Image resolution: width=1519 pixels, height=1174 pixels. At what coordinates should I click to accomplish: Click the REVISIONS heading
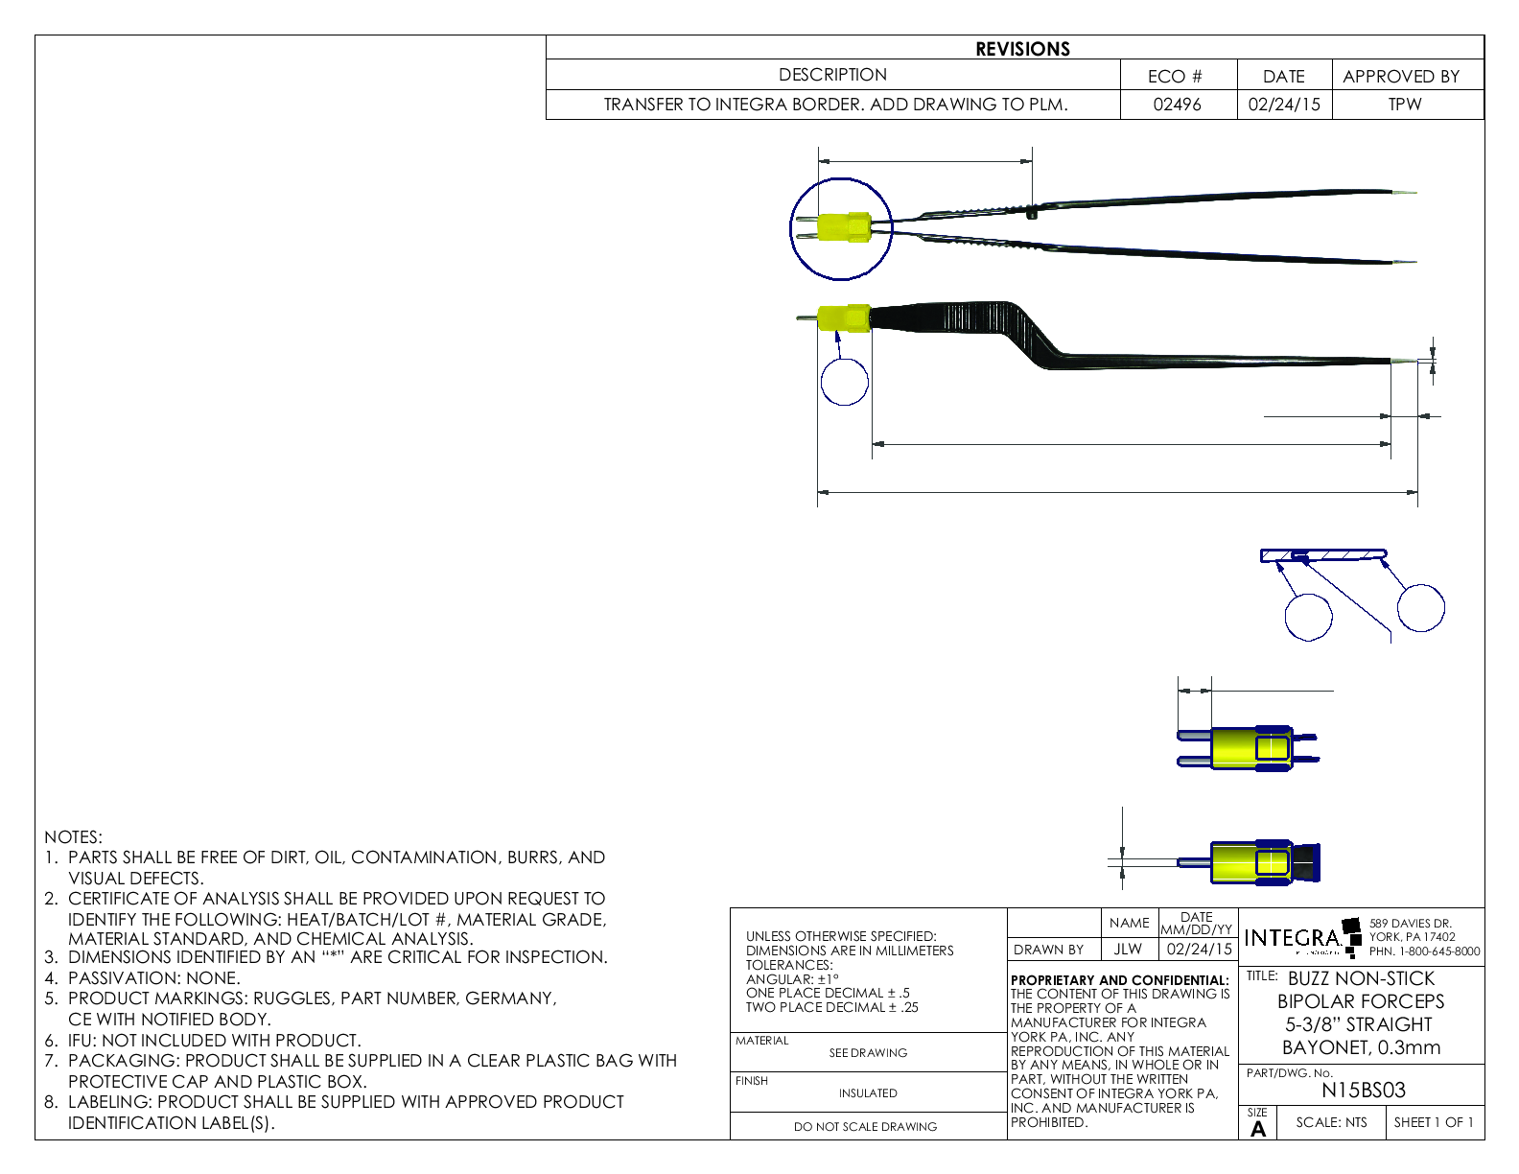coord(1022,49)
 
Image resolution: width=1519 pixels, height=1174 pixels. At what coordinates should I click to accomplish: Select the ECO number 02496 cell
coord(1177,105)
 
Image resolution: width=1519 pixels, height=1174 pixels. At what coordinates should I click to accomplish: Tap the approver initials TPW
coord(1404,105)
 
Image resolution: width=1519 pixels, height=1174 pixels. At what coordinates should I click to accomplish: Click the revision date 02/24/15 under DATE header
coord(1283,105)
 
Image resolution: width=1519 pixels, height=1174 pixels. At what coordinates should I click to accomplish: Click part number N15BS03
coord(1363,1091)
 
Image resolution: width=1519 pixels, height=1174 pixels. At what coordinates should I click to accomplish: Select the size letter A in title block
coord(1258,1129)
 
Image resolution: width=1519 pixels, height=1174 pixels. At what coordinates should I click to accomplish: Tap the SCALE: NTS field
coord(1331,1122)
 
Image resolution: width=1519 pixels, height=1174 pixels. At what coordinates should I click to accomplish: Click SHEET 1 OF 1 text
coord(1434,1122)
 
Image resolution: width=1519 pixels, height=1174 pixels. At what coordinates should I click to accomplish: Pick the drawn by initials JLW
coord(1128,949)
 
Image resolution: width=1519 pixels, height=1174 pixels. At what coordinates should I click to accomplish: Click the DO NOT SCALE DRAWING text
coord(865,1127)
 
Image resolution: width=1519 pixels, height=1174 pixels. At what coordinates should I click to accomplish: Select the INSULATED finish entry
coord(868,1092)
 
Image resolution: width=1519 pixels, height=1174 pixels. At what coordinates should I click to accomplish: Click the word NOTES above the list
coord(73,837)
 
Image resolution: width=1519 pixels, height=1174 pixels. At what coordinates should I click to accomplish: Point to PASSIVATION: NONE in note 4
coord(153,978)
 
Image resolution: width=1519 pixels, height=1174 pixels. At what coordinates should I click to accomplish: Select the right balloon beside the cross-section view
coord(1420,607)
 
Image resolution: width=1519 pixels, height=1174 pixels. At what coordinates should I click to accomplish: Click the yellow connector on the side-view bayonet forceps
coord(844,317)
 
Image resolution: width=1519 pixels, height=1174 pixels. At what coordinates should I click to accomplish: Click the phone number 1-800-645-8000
coord(1424,951)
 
